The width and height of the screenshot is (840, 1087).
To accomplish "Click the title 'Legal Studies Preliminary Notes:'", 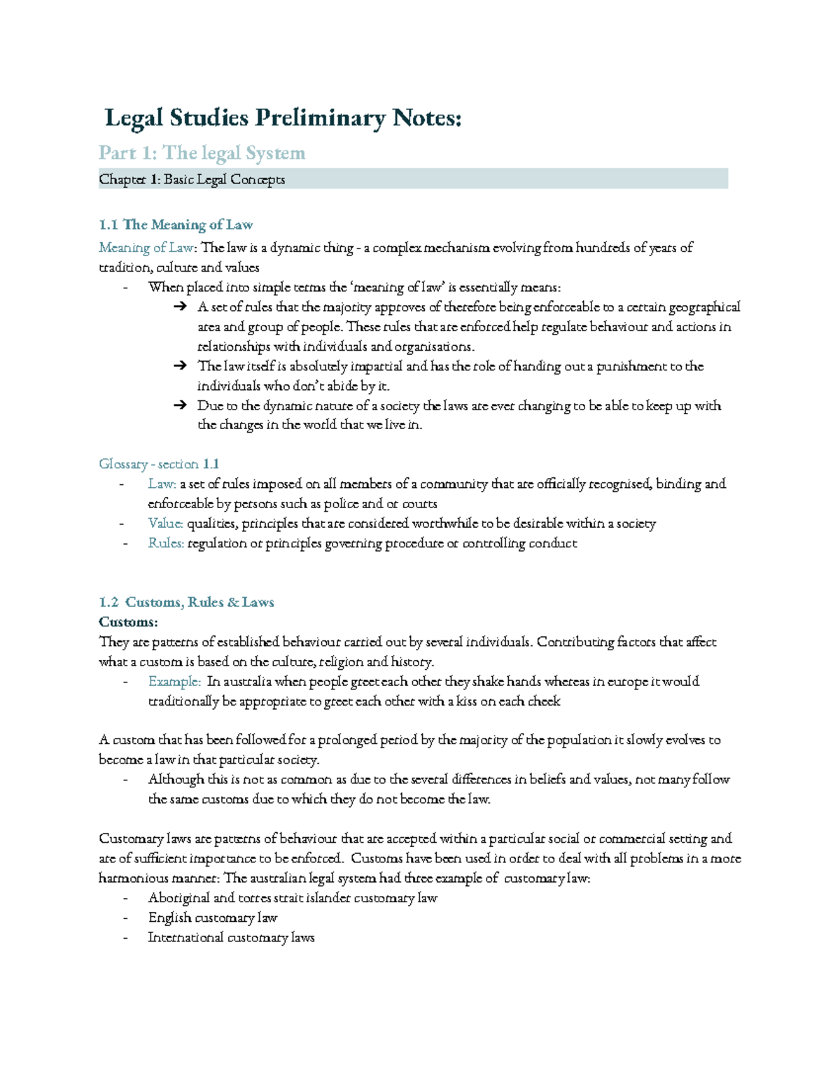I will click(x=283, y=118).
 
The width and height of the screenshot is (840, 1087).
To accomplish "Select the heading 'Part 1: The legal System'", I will click(x=202, y=153).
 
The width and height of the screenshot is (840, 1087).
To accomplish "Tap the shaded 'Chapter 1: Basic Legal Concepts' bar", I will click(x=413, y=179).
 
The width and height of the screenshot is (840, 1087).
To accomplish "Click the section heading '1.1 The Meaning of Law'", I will click(x=176, y=225).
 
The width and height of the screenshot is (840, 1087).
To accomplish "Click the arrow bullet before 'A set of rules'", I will click(x=180, y=307).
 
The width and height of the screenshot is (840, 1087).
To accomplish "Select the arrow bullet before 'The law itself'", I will click(x=180, y=366).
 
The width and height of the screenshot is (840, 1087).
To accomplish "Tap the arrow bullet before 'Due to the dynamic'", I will click(x=180, y=405).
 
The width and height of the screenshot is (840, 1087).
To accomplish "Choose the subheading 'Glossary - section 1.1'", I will click(x=159, y=464).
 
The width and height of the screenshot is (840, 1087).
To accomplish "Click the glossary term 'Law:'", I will click(x=162, y=484).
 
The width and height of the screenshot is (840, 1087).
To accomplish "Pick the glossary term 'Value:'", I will click(x=166, y=524).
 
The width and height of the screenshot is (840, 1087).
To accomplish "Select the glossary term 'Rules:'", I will click(x=166, y=543).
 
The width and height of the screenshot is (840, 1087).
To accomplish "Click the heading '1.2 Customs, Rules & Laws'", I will click(x=186, y=603).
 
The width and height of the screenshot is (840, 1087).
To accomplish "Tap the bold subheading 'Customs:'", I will click(x=128, y=622).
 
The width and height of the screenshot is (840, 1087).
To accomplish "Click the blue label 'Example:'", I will click(x=174, y=682).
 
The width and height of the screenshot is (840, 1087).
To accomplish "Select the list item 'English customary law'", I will click(x=213, y=918).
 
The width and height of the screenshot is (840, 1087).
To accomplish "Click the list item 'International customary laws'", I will click(x=231, y=937).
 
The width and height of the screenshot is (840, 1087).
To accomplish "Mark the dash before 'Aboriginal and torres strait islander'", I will click(x=125, y=898).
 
